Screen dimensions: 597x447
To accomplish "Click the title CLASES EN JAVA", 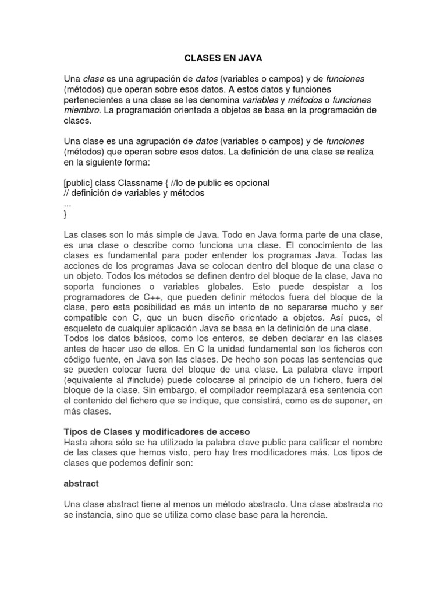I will click(223, 59).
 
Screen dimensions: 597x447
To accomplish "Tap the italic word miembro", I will click(82, 110).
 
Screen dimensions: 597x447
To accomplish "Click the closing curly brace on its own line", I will click(65, 214).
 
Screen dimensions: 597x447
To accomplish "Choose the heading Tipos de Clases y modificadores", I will click(156, 431).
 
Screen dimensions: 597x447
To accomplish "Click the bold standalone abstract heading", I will click(81, 483).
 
